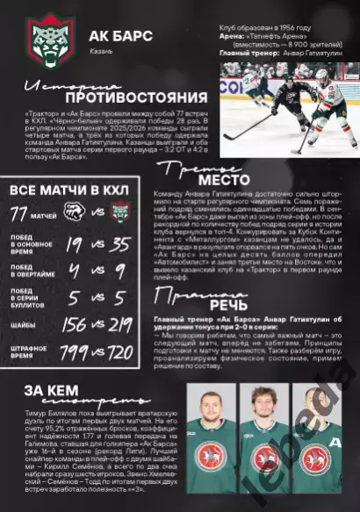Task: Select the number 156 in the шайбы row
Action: tap(76, 325)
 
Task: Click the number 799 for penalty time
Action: tap(75, 354)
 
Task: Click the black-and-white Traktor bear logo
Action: tap(77, 213)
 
